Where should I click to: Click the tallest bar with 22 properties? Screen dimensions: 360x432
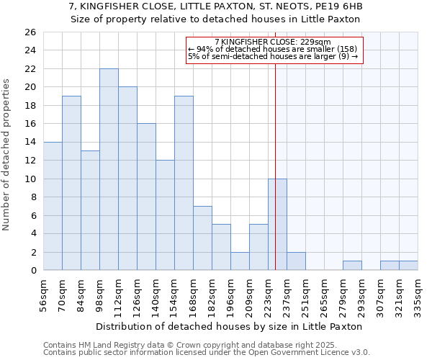[x=109, y=169]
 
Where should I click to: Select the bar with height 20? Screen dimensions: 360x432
[x=127, y=179]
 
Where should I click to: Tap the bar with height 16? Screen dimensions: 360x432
[x=146, y=197]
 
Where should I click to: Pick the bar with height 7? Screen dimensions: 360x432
[x=202, y=238]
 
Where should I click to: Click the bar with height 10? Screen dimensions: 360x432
[x=277, y=225]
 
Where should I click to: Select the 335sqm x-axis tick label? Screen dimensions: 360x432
[x=418, y=294]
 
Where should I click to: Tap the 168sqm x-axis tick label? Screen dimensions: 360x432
[x=194, y=294]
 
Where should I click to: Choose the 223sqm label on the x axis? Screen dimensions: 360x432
[x=269, y=294]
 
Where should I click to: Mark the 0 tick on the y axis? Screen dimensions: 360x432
[x=33, y=271]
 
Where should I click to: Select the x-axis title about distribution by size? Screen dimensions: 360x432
[x=228, y=326]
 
